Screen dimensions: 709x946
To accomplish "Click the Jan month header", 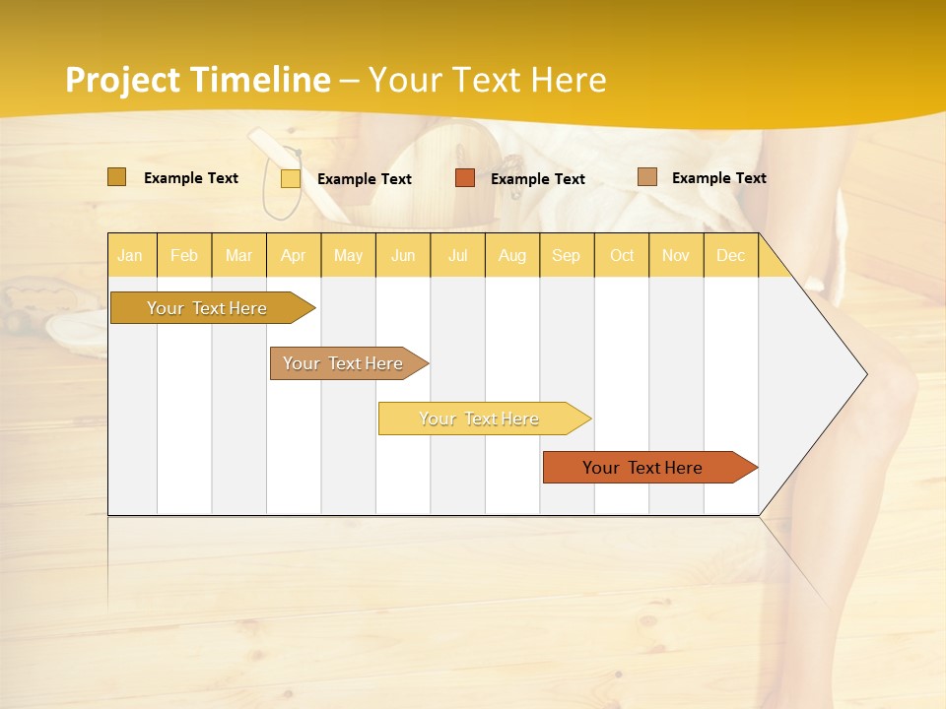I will click(x=131, y=255).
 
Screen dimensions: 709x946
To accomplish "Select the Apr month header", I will click(x=294, y=255).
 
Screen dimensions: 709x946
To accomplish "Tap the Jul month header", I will click(x=457, y=255).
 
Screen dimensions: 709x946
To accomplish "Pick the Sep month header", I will click(x=566, y=255).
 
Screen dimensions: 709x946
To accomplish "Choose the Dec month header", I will click(x=730, y=255).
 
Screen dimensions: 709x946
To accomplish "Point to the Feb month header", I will click(x=184, y=255).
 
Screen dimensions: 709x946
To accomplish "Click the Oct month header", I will click(x=622, y=255).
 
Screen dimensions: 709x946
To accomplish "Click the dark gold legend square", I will click(x=116, y=177).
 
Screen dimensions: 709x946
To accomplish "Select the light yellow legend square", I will click(x=291, y=178).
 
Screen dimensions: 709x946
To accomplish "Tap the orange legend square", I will click(x=465, y=178).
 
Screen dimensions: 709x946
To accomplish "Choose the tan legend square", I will click(x=647, y=177).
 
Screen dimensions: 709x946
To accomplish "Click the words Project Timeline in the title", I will click(x=197, y=80).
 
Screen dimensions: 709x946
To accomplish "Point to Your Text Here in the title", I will click(x=487, y=80).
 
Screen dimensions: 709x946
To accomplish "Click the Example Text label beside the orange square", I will click(x=537, y=178).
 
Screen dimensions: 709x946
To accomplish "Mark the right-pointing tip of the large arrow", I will click(x=865, y=373).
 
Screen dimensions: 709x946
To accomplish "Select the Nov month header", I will click(x=676, y=255).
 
